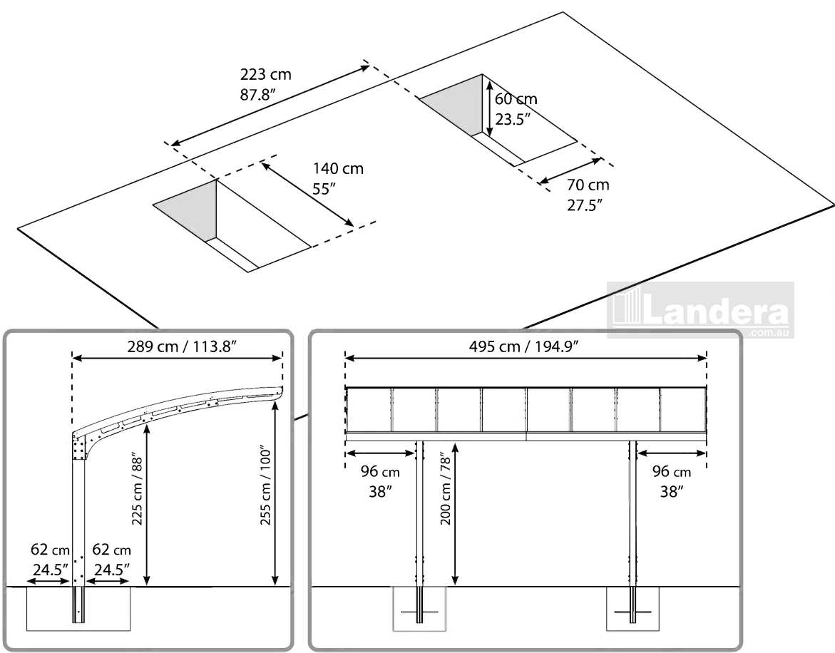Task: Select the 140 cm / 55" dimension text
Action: tap(338, 179)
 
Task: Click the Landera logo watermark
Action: tap(700, 311)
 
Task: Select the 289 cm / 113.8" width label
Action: tap(177, 345)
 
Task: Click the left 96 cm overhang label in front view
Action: tap(381, 481)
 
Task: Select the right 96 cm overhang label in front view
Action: tap(672, 481)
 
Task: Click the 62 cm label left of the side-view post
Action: tap(50, 560)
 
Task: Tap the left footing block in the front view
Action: tap(419, 610)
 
